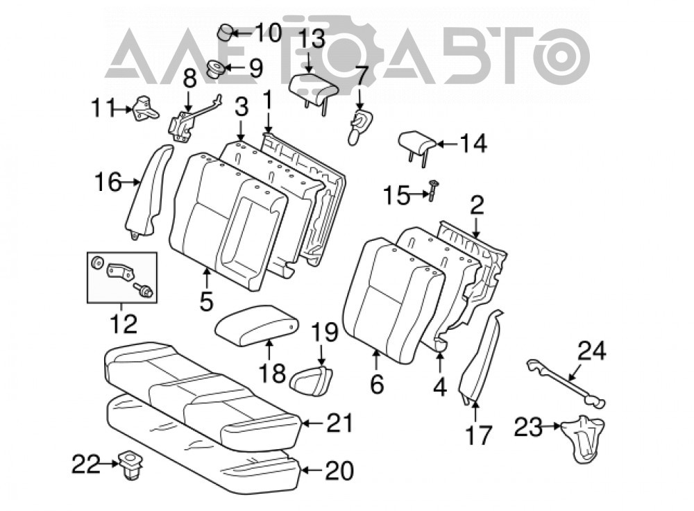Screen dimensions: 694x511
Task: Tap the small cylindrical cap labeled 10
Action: click(x=226, y=33)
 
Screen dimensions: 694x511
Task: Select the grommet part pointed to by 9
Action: click(x=217, y=69)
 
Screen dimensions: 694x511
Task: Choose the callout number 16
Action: click(x=108, y=181)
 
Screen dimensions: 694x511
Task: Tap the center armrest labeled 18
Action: click(x=256, y=325)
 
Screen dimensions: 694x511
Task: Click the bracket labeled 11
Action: click(x=144, y=109)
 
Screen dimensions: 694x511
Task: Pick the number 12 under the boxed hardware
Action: click(x=124, y=324)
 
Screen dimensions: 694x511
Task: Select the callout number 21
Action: click(x=340, y=423)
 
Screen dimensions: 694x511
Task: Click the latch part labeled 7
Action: click(x=360, y=126)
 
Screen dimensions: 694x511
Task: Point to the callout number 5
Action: click(x=207, y=301)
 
